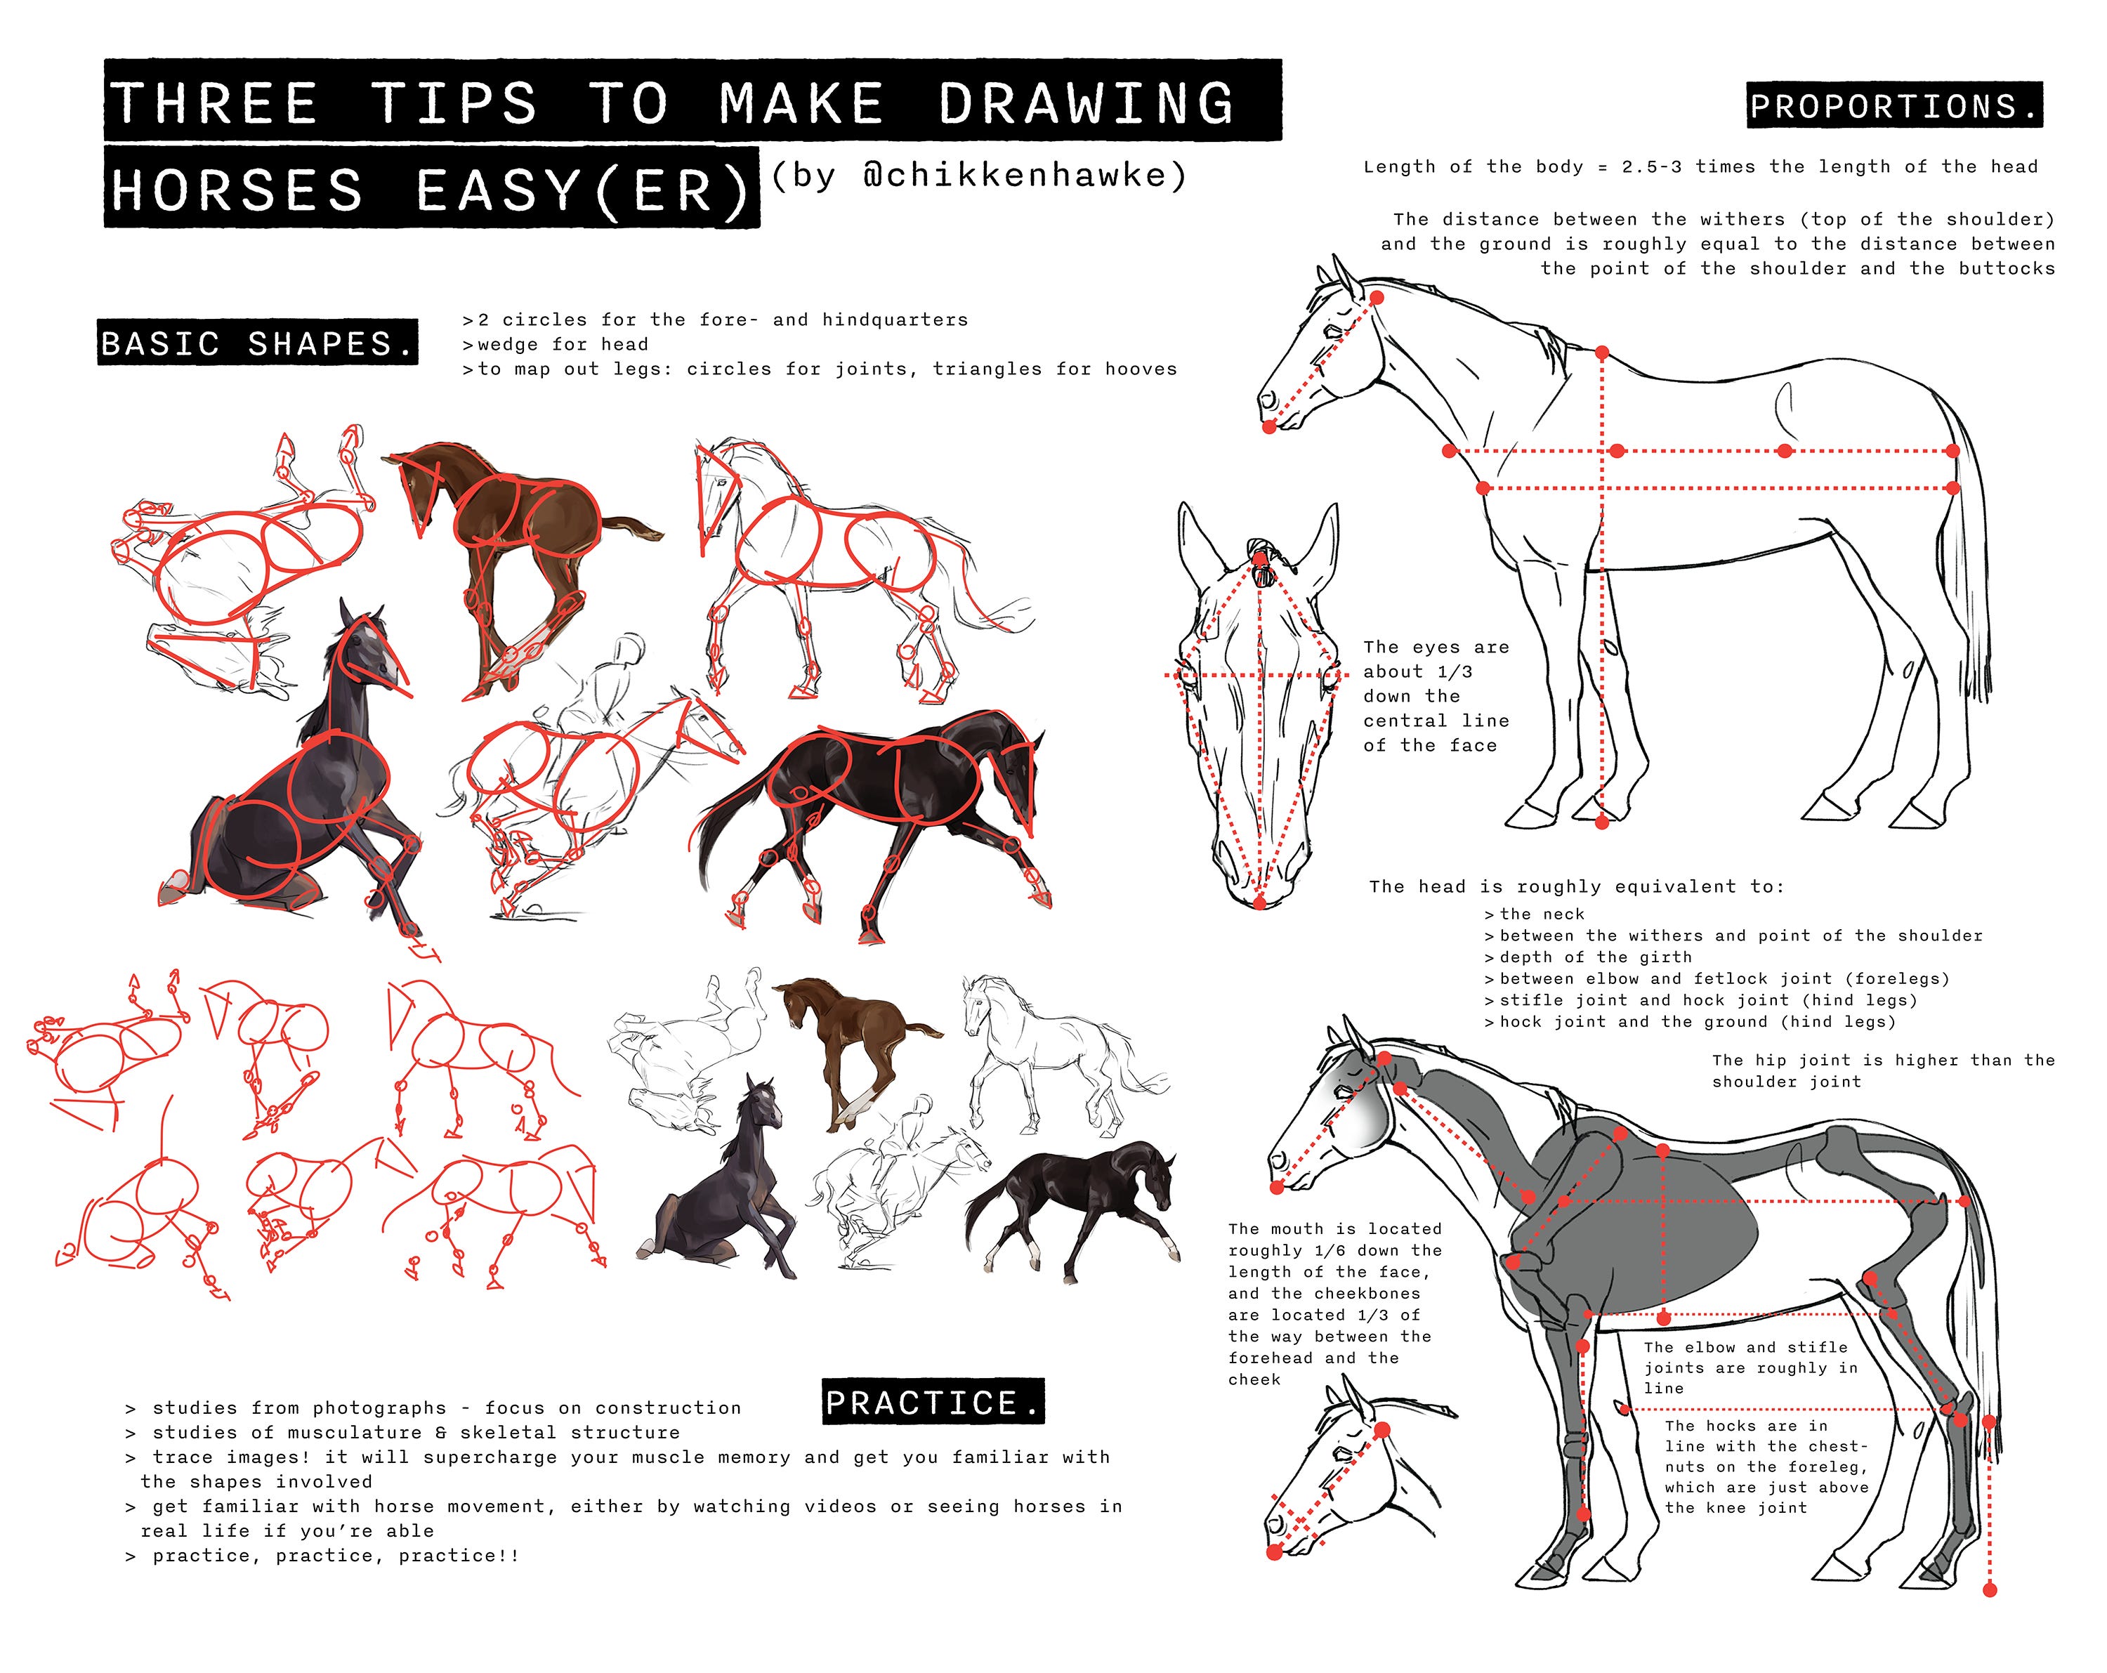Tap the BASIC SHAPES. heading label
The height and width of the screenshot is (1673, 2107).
pyautogui.click(x=257, y=343)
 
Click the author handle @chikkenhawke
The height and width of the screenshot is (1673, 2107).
pyautogui.click(x=978, y=176)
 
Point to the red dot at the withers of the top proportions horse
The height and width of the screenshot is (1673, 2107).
pyautogui.click(x=1603, y=352)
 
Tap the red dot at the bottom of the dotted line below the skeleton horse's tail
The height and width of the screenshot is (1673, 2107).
pyautogui.click(x=1990, y=1591)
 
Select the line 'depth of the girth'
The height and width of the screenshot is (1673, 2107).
pyautogui.click(x=1595, y=957)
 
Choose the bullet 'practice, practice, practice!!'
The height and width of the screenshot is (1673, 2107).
pyautogui.click(x=335, y=1556)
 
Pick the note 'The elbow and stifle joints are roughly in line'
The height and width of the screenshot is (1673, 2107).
pyautogui.click(x=1750, y=1367)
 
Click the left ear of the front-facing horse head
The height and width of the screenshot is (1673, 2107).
pyautogui.click(x=1197, y=542)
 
